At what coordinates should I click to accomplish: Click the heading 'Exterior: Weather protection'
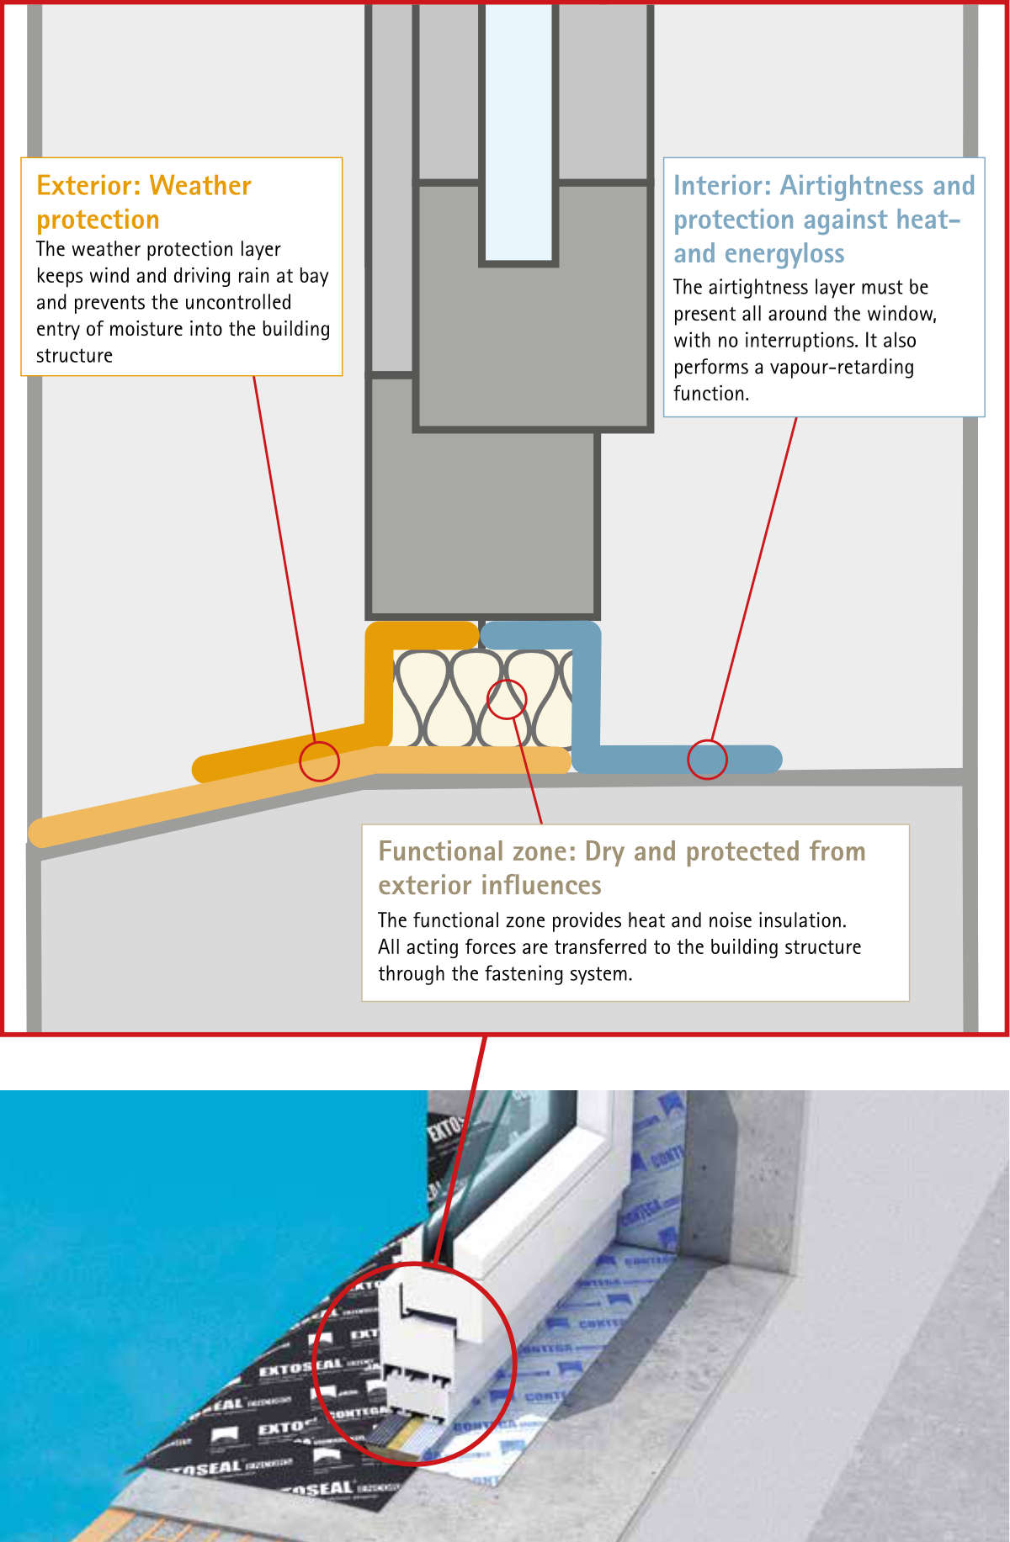coord(143,202)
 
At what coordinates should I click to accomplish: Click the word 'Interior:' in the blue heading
coord(722,185)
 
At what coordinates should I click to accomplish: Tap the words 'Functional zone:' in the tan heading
coord(476,851)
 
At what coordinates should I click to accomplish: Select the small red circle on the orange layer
coord(320,761)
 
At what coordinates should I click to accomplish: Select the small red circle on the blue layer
coord(707,760)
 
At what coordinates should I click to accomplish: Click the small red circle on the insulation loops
coord(507,699)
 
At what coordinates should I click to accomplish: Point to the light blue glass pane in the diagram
coord(518,135)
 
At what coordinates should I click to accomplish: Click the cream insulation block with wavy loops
coord(446,698)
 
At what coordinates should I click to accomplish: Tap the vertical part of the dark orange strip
coord(379,681)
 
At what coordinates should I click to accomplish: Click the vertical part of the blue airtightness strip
coord(587,690)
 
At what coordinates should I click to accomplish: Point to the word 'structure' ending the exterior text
coord(74,356)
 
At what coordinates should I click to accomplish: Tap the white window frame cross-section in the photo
coord(421,1329)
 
